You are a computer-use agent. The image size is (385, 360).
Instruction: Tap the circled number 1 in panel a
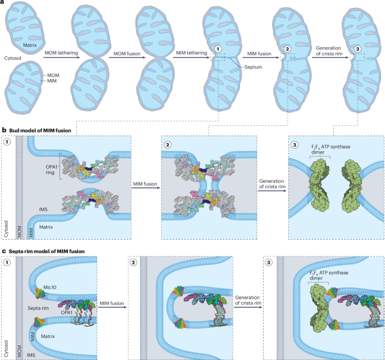pyautogui.click(x=217, y=49)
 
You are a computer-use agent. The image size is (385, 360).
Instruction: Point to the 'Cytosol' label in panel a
pyautogui.click(x=12, y=57)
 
